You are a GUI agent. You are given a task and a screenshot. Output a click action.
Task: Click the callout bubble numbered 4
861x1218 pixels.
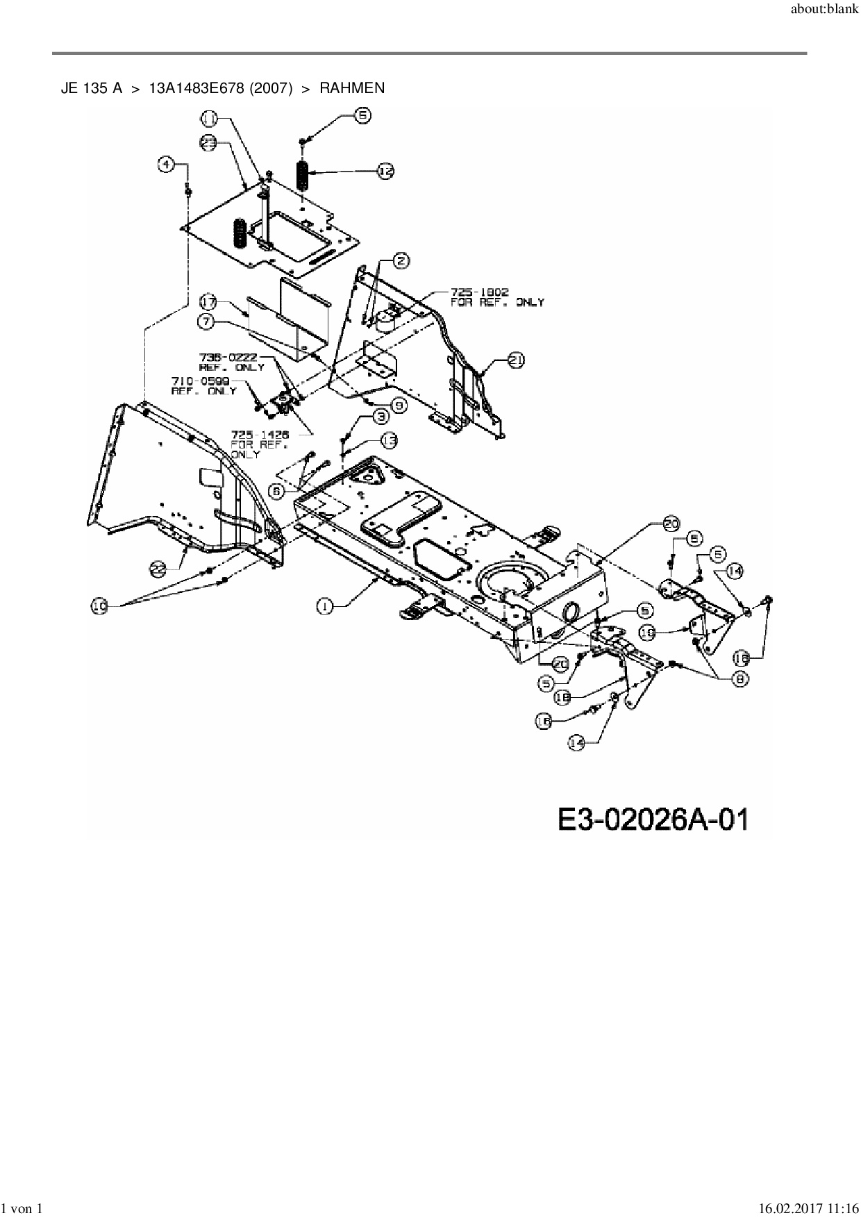[165, 164]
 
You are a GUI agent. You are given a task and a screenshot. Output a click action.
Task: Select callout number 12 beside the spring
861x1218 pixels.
[385, 170]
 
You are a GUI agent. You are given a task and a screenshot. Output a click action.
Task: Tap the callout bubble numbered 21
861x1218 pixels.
[515, 360]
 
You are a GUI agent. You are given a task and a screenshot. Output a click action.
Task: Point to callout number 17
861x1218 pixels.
[208, 302]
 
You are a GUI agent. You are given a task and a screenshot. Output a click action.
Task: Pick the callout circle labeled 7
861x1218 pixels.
[206, 322]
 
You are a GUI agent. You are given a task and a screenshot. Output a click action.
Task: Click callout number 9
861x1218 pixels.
[397, 404]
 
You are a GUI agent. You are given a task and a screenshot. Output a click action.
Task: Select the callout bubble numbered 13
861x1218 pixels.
[389, 440]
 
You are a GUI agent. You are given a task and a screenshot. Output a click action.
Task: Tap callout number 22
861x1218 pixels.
[159, 569]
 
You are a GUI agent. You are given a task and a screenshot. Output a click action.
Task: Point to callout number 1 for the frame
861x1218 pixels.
[325, 606]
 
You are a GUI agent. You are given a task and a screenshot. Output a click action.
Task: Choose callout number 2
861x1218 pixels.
[401, 261]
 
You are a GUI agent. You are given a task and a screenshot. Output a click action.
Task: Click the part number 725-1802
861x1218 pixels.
[479, 293]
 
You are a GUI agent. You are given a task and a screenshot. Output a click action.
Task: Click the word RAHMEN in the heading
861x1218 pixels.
[352, 88]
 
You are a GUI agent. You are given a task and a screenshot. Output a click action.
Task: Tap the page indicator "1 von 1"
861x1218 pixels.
[22, 1209]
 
